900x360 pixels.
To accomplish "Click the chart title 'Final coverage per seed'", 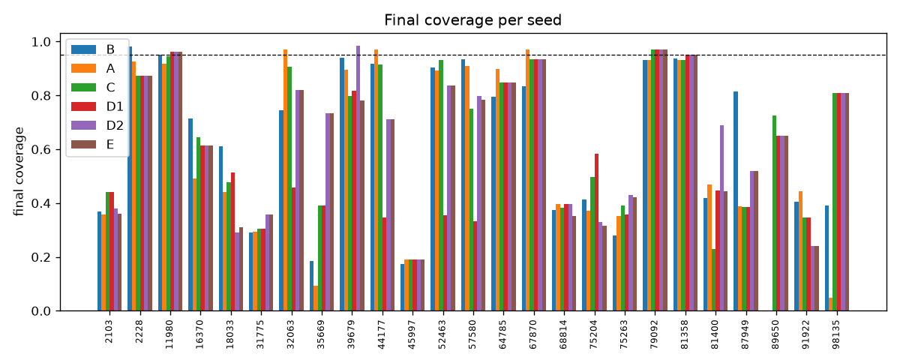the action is tap(472, 20).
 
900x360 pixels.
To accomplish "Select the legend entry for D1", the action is tap(97, 106).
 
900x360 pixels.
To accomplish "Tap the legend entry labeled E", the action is tap(93, 145).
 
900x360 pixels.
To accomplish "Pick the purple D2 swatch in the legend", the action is tap(83, 125).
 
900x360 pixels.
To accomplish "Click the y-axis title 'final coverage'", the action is tap(19, 172).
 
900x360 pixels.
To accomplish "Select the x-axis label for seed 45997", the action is tap(412, 334).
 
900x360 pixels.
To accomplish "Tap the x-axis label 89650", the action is tap(775, 334).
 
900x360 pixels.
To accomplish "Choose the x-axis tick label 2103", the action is tap(109, 331).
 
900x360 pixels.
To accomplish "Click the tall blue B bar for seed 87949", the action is tap(736, 201).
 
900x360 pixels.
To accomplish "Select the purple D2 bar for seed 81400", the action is tap(721, 218).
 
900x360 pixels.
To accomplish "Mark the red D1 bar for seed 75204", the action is tap(597, 232).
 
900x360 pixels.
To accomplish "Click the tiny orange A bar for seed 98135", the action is tap(830, 304).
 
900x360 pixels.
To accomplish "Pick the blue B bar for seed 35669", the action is tap(311, 286).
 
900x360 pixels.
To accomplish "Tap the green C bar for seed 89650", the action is tap(774, 213).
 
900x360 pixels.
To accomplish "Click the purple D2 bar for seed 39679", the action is tap(358, 178).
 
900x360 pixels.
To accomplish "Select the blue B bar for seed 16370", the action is tap(190, 215).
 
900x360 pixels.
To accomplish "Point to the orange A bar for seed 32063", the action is tap(285, 181).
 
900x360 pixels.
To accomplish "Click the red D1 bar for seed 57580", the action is tap(475, 266).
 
